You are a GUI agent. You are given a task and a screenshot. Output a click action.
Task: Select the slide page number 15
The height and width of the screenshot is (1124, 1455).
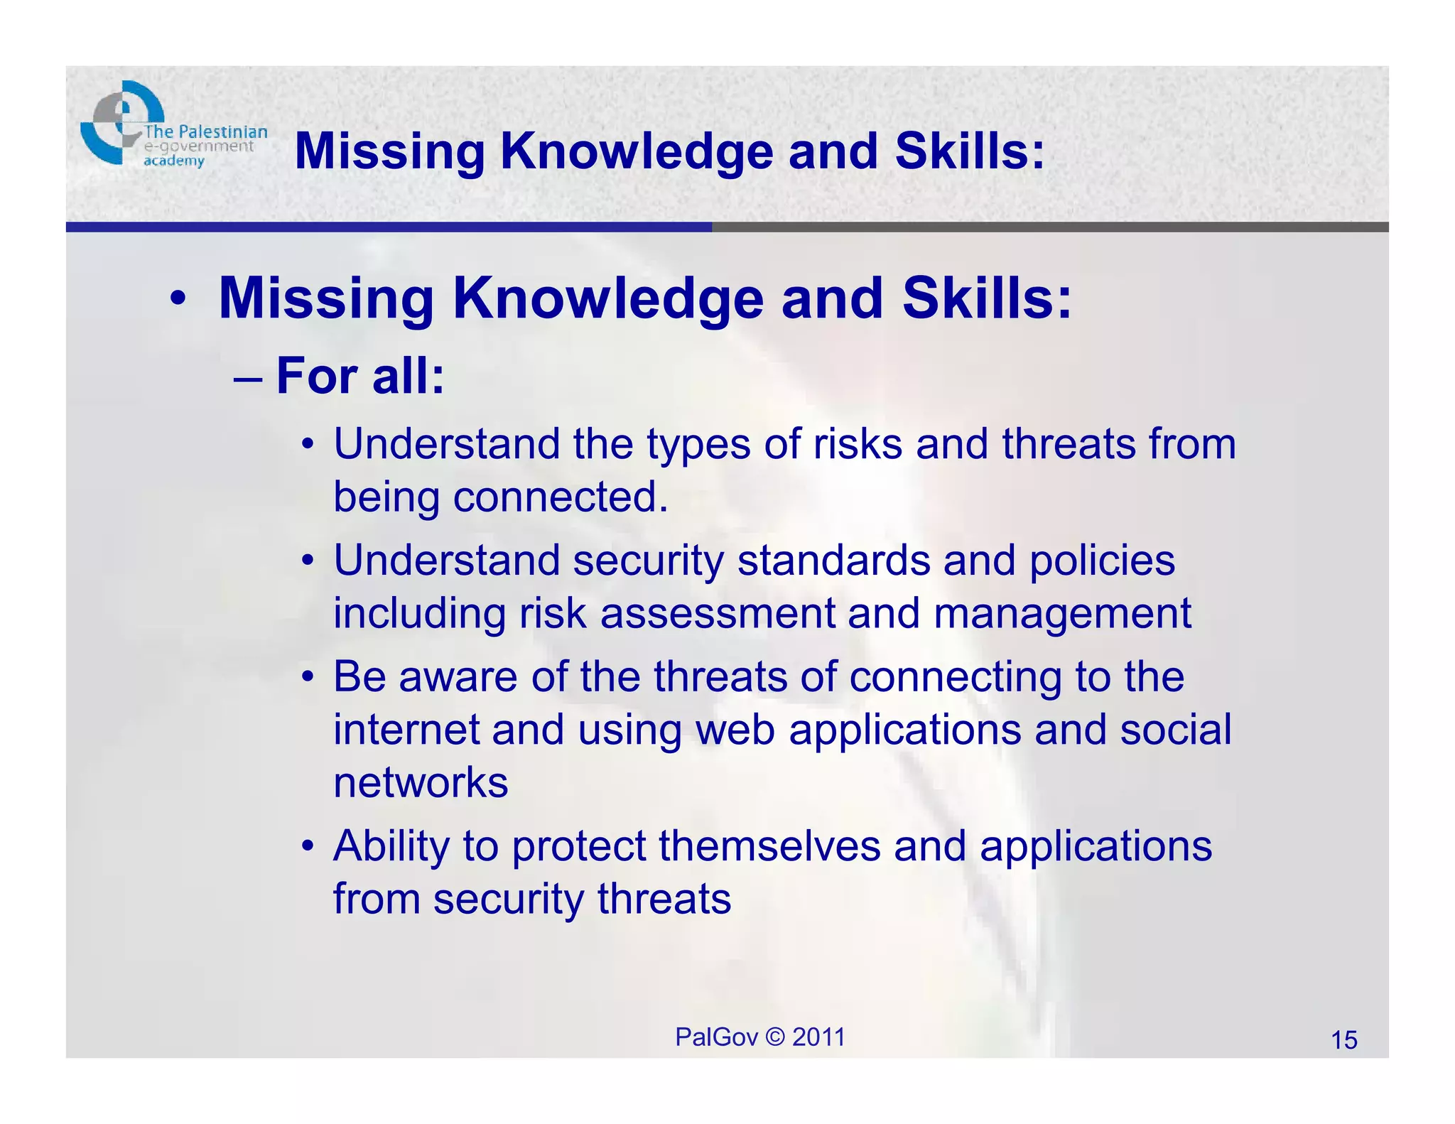(1343, 1040)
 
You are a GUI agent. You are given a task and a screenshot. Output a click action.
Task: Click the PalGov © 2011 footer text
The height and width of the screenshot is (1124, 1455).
(759, 1037)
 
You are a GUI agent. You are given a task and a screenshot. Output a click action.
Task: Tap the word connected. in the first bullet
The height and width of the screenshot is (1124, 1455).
(561, 497)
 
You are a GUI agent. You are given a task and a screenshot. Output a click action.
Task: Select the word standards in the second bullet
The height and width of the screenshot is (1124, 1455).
(833, 561)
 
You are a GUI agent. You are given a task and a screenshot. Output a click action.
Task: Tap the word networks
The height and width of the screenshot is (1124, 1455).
(421, 782)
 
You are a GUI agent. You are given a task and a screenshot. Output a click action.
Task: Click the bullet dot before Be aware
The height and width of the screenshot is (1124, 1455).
(307, 677)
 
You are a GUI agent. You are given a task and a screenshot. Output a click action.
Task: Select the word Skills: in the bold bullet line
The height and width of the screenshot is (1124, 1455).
(986, 298)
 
